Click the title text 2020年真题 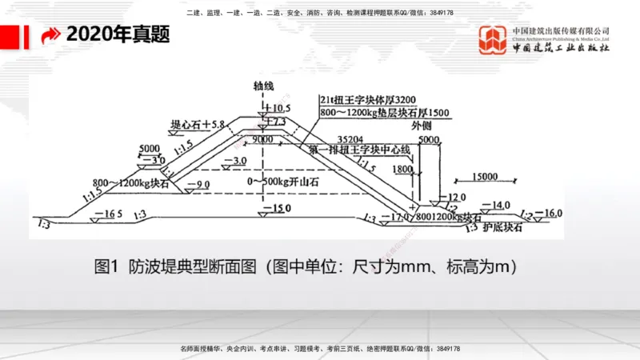pyautogui.click(x=118, y=35)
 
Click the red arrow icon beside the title pyautogui.click(x=50, y=36)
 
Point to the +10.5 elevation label pyautogui.click(x=275, y=107)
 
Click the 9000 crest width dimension pyautogui.click(x=262, y=138)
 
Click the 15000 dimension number pyautogui.click(x=486, y=176)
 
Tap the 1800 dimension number pyautogui.click(x=403, y=170)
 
